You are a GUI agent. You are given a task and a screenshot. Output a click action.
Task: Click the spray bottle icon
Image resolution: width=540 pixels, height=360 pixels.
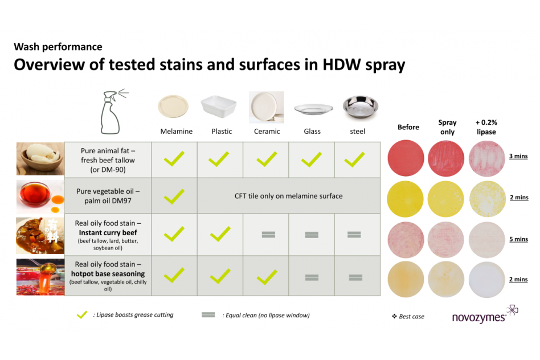[x=112, y=112]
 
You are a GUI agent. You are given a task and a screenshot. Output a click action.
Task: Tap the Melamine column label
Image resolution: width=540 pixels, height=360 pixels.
[x=177, y=131]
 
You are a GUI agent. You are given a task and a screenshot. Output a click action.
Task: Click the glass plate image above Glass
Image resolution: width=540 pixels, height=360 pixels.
[x=313, y=109]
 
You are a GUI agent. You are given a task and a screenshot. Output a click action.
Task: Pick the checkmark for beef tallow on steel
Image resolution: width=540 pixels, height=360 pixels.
[x=354, y=159]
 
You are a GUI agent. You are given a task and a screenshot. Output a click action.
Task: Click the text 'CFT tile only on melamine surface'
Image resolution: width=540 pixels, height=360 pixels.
[x=289, y=196]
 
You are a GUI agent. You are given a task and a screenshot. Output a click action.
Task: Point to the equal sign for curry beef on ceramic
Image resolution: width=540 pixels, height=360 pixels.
[x=268, y=235]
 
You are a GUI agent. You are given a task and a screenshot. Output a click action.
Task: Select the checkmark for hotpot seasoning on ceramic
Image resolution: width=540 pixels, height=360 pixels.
[x=267, y=277]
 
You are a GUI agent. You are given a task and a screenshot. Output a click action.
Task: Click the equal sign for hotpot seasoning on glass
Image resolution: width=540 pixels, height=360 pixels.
[x=312, y=277]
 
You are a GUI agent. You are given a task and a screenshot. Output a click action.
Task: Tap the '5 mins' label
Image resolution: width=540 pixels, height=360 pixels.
[x=519, y=239]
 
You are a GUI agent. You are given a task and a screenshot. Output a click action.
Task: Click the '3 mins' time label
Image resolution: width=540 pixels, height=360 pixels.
[x=519, y=156]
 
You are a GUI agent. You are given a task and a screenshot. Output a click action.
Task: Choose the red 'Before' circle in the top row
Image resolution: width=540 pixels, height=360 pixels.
[x=406, y=158]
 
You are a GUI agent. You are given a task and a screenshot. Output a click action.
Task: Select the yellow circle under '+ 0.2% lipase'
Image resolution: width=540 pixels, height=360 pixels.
[x=487, y=199]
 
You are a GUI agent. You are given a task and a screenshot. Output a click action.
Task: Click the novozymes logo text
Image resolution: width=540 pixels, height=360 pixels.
[x=478, y=318]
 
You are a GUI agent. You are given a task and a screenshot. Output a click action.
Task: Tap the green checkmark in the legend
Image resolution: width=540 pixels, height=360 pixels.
[x=82, y=314]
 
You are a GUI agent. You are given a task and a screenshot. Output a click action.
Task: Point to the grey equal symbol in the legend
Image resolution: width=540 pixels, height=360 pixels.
[x=208, y=315]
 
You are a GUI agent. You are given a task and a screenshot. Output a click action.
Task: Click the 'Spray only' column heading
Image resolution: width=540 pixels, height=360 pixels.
[x=447, y=127]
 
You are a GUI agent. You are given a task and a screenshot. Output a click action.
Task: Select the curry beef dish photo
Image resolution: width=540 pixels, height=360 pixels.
[x=40, y=236]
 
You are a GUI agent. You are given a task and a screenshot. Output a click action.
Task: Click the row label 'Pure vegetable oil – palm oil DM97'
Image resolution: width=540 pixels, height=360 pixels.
[x=108, y=196]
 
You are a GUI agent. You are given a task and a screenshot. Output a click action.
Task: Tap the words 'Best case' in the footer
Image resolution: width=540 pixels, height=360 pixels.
[x=411, y=317]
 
